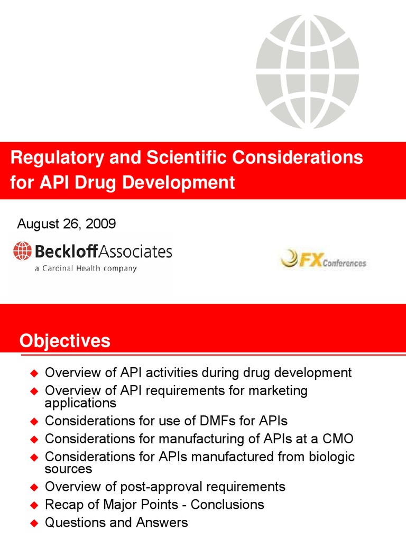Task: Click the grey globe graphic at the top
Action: [x=307, y=71]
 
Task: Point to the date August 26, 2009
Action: [x=67, y=223]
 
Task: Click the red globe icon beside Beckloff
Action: [x=23, y=251]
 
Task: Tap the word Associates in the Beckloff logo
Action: [x=139, y=251]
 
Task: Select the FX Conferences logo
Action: [x=323, y=260]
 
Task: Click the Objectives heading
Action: [x=65, y=341]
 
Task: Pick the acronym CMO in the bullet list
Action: [x=336, y=439]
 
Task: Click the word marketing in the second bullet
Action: [x=276, y=390]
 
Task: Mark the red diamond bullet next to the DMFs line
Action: [x=34, y=422]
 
